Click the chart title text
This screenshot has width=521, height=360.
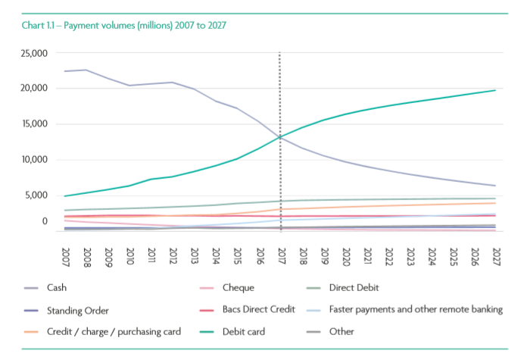pos(125,25)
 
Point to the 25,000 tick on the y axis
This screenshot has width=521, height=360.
pos(35,53)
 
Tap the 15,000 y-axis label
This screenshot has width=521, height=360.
pos(35,124)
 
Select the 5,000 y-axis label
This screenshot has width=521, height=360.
pos(37,196)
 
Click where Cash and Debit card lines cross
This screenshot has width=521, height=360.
pos(280,136)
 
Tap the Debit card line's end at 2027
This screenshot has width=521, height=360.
pos(495,90)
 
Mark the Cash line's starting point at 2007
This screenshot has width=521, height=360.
pos(67,71)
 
